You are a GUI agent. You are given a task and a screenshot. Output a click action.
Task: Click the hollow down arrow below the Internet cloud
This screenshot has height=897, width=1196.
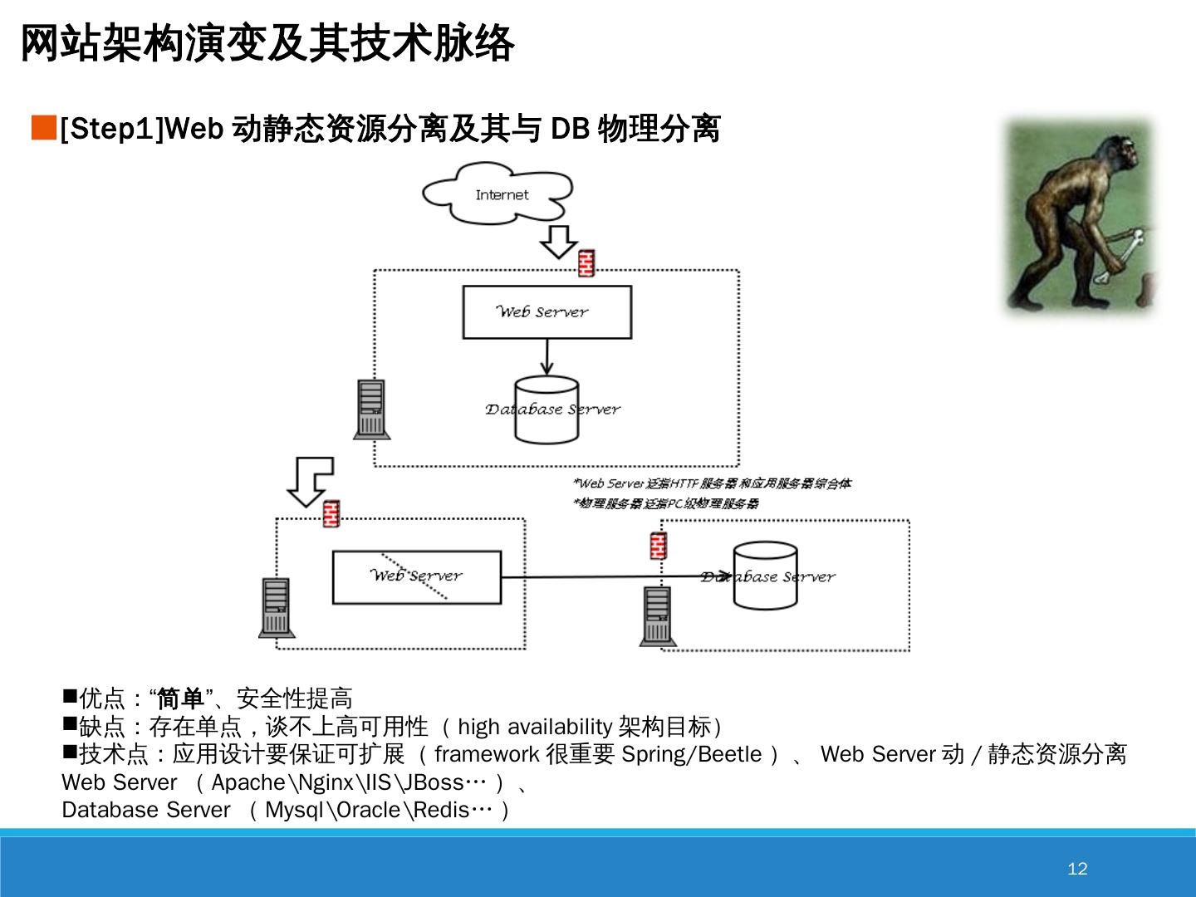(558, 241)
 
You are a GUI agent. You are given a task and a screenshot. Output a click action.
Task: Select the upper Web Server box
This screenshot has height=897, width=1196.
(547, 312)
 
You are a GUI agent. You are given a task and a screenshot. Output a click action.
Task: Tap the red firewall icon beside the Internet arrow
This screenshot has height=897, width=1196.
(586, 262)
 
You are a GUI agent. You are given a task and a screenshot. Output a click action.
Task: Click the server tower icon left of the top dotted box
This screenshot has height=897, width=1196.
(371, 409)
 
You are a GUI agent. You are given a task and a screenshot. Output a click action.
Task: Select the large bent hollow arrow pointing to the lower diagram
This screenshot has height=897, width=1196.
(309, 480)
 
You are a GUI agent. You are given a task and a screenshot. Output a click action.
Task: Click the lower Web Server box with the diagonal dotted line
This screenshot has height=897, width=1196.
(417, 576)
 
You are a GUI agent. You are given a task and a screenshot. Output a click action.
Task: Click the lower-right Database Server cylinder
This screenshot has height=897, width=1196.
(765, 576)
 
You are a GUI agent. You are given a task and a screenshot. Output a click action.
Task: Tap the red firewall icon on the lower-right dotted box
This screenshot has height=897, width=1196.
(659, 546)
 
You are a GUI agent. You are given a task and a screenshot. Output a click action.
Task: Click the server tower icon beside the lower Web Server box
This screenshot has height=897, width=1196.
(277, 607)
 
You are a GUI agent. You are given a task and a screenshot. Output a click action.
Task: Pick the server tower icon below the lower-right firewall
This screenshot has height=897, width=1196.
(657, 615)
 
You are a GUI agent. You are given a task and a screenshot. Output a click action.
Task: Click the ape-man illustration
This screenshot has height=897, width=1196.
(1079, 218)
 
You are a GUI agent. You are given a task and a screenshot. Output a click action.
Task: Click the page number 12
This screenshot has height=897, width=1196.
(1077, 869)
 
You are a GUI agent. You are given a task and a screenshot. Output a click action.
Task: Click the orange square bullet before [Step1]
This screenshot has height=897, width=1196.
(43, 129)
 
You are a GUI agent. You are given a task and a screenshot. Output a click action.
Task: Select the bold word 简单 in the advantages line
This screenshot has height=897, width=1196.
(180, 698)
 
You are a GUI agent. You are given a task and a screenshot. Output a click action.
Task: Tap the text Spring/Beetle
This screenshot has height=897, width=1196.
(691, 754)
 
